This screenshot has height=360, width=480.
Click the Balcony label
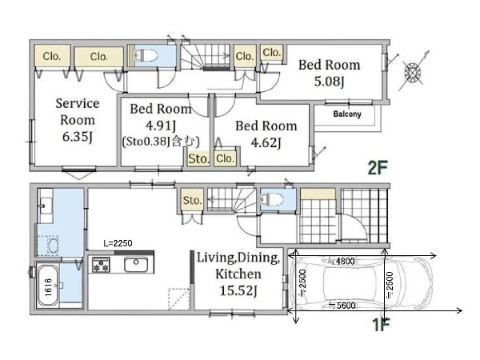point(347,114)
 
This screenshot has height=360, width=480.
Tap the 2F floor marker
point(378,167)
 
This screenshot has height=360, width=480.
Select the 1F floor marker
point(381,325)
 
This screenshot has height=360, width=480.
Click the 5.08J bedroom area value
point(330,82)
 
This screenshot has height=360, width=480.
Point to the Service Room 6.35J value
point(78,137)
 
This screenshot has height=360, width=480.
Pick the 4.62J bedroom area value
point(266,142)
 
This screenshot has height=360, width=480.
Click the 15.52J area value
point(238,290)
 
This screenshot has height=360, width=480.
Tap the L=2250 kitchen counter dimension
point(118,243)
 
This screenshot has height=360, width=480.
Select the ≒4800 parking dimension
point(341,261)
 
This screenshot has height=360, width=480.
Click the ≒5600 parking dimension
point(342,306)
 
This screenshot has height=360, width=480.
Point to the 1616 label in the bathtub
point(48,287)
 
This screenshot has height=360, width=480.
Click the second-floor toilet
point(146,55)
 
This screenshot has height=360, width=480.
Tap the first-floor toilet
point(272,199)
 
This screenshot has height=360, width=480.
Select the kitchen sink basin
point(136,265)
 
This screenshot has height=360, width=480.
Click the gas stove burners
point(101,265)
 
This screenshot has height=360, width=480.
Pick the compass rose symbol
point(412,72)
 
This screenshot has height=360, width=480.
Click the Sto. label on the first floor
point(192,200)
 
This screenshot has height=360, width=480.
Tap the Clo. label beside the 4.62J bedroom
point(225,158)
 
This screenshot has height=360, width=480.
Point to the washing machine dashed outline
point(48,246)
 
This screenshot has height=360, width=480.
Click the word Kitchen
point(238,274)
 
